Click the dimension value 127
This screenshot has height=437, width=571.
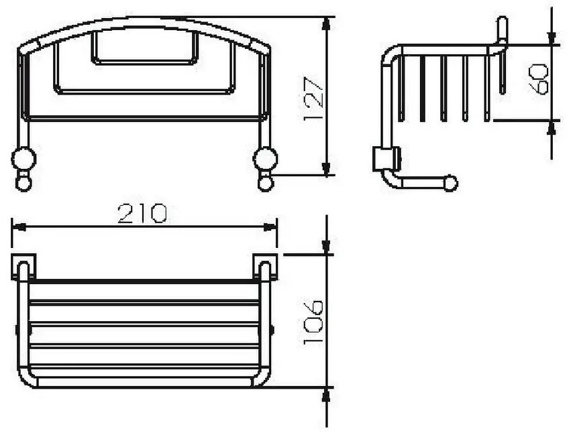[x=313, y=99]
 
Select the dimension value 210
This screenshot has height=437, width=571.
[x=143, y=214]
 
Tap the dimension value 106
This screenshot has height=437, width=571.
[x=313, y=322]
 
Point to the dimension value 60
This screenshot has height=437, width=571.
[x=539, y=79]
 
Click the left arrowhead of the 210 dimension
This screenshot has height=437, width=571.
[x=19, y=227]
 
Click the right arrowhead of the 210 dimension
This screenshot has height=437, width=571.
[x=270, y=227]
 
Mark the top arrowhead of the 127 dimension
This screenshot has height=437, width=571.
[x=327, y=23]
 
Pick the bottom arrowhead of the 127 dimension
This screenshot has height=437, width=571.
[x=327, y=168]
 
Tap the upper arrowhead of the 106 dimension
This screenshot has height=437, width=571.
[x=326, y=247]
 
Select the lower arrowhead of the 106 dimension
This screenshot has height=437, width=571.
[x=326, y=395]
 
